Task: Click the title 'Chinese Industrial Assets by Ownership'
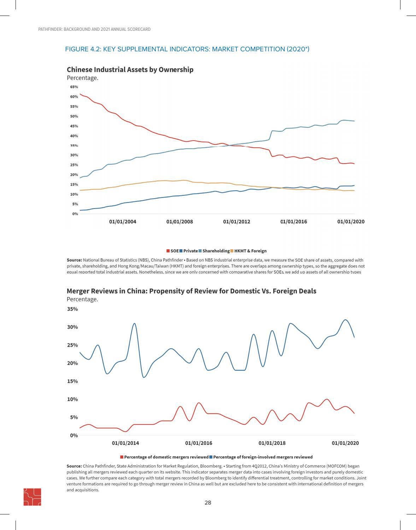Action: coord(130,69)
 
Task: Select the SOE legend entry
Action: coord(173,251)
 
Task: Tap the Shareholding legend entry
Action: coord(214,251)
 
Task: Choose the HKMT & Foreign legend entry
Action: coord(248,251)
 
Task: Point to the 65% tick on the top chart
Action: coord(74,87)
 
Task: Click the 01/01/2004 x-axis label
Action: coord(123,222)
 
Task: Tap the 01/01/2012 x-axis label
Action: coord(236,222)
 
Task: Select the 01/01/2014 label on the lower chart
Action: coord(125,443)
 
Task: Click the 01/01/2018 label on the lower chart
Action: coord(272,443)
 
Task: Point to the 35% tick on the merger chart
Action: coord(72,309)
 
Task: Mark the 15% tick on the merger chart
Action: coord(72,381)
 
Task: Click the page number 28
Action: coord(208,503)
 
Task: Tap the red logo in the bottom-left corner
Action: coord(32,497)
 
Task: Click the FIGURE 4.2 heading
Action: coord(187,49)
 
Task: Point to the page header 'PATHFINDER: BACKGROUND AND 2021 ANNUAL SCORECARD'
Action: coord(94,29)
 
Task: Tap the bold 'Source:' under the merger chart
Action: coord(74,466)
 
